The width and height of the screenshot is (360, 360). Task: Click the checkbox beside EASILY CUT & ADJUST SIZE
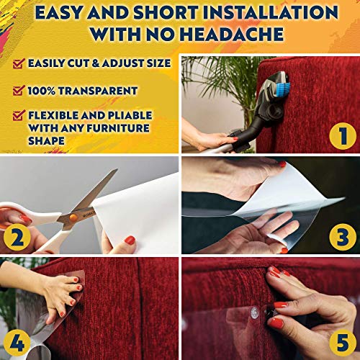[17, 64]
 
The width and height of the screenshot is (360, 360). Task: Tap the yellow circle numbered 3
[341, 235]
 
